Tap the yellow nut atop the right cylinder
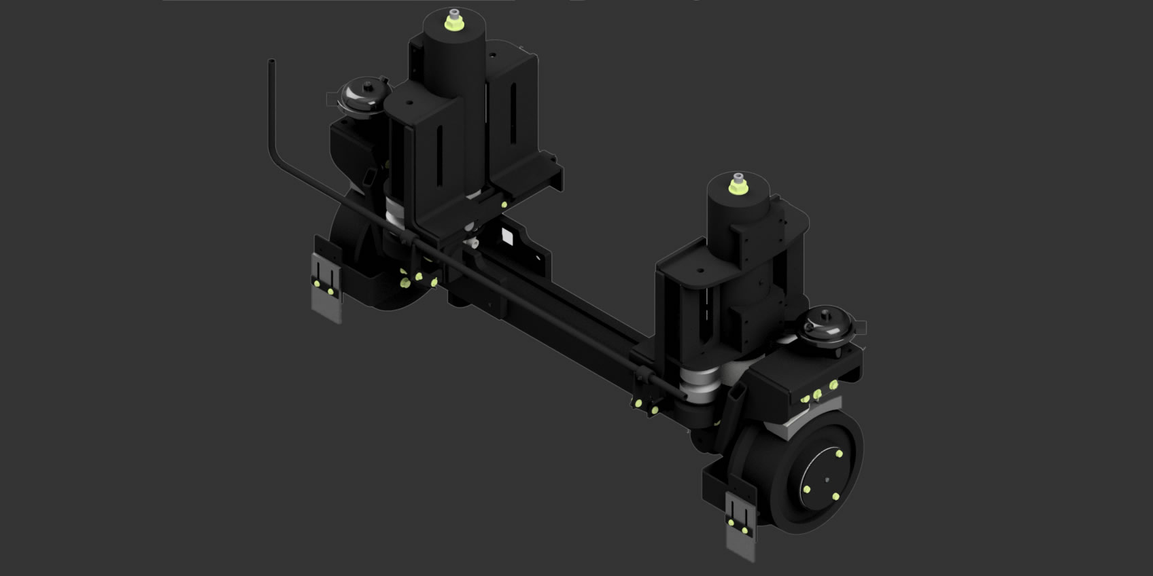coord(736,185)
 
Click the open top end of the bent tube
coord(271,62)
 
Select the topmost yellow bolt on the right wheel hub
coord(840,453)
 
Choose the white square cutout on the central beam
coord(507,236)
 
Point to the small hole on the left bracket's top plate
coord(409,104)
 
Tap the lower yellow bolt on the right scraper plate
coord(744,530)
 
